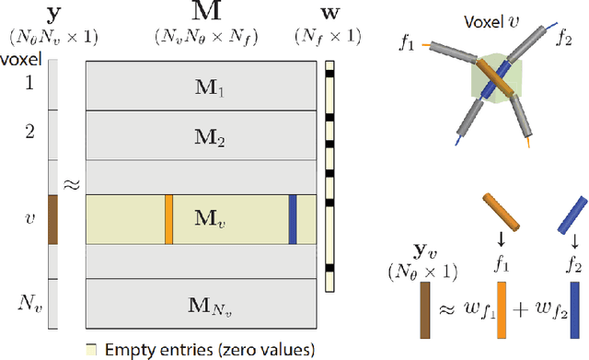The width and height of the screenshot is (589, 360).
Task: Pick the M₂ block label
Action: coord(202,141)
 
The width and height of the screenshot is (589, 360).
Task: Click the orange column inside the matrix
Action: coord(168,219)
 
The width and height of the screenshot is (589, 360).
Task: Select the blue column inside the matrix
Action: coord(292,219)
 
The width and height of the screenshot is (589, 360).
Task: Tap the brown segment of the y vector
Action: coord(53,219)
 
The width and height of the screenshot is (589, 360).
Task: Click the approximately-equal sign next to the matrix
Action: coord(72,184)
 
